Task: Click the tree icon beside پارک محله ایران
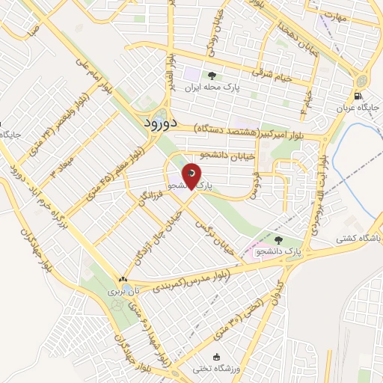pyautogui.click(x=212, y=75)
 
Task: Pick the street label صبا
pyautogui.click(x=31, y=34)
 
